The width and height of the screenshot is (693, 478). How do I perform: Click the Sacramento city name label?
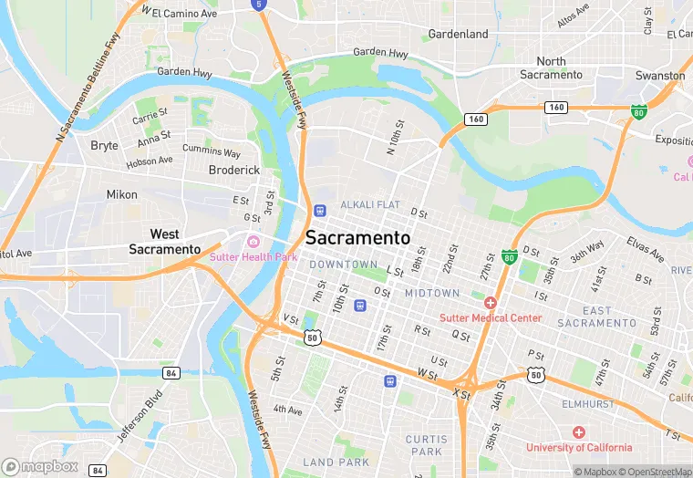click(357, 237)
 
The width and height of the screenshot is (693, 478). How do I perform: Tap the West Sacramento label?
click(165, 242)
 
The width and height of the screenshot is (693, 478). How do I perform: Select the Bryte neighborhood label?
click(105, 145)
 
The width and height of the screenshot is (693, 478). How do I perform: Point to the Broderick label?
click(234, 170)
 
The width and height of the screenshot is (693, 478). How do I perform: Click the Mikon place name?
click(122, 194)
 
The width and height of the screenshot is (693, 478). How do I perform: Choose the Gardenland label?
click(459, 35)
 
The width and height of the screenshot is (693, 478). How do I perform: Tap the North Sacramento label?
click(551, 68)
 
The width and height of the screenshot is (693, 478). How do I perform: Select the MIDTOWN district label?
click(432, 293)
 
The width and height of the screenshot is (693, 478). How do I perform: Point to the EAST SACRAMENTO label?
click(597, 317)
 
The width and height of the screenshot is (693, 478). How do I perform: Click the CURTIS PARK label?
click(427, 445)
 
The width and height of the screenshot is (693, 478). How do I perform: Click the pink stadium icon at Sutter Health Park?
click(253, 241)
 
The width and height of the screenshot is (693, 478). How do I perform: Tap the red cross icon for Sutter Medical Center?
click(490, 302)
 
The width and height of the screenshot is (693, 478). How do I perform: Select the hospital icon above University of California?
click(578, 431)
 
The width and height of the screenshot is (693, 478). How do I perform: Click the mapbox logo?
click(40, 466)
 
